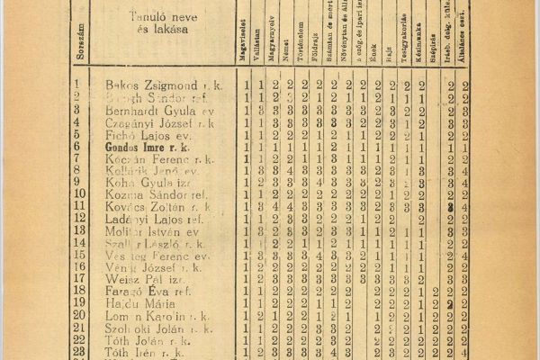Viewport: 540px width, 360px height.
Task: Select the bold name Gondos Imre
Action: point(140,147)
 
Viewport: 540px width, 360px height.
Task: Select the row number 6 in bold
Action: point(77,147)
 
